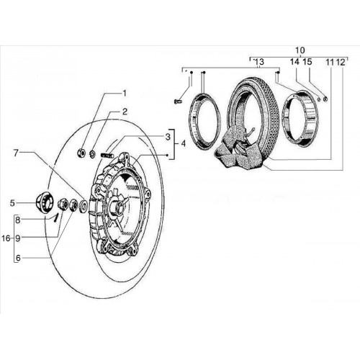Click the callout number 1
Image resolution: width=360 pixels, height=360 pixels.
[125, 93]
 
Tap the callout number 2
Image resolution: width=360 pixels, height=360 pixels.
[125, 112]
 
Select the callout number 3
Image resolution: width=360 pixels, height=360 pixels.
[168, 137]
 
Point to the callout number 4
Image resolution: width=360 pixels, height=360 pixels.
[184, 144]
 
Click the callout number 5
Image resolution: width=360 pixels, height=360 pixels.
[12, 203]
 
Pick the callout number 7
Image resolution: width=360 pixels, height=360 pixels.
[16, 153]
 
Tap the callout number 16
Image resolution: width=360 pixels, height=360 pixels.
[6, 238]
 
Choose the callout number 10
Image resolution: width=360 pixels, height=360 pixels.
[300, 50]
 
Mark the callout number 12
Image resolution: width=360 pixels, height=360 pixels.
[341, 62]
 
